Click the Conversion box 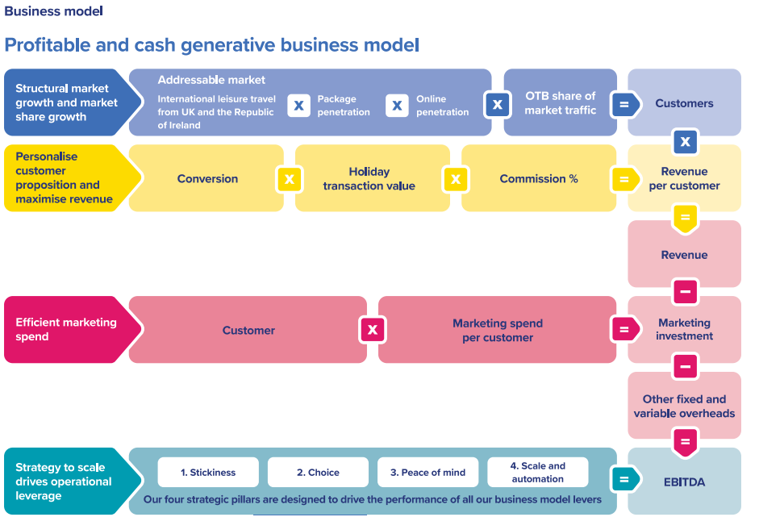[206, 178]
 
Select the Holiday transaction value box [372, 178]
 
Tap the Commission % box [539, 178]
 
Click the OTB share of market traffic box [560, 102]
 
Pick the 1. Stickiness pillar [208, 472]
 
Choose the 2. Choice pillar [318, 472]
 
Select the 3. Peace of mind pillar [428, 472]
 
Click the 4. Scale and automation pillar [538, 472]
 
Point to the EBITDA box [685, 482]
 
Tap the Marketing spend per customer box [497, 330]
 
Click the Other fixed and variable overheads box [685, 405]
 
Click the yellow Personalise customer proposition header [73, 178]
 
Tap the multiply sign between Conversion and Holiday [290, 179]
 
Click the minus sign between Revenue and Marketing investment [686, 292]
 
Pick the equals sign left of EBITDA [625, 479]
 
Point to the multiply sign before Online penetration [398, 105]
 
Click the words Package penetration [344, 105]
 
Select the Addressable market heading [211, 80]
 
